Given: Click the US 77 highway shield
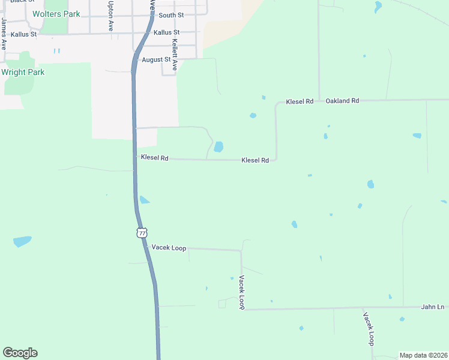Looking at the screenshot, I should (x=141, y=232).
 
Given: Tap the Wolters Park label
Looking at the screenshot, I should (x=56, y=14).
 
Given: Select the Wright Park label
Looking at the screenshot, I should (x=23, y=72).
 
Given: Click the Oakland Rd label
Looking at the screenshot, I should (x=342, y=101).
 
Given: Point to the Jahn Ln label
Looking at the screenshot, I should (x=432, y=307).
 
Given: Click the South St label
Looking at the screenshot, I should (x=172, y=14).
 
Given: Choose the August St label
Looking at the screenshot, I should (x=155, y=59).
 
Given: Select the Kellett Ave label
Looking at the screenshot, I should (x=175, y=55).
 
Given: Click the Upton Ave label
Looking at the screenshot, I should (x=110, y=16).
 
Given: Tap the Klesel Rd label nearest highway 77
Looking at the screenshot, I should (x=154, y=157).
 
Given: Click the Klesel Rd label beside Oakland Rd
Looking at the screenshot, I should (x=300, y=101).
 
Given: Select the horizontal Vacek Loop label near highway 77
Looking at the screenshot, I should (x=169, y=247).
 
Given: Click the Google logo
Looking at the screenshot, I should (x=20, y=353).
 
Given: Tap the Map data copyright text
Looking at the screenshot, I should (x=424, y=355).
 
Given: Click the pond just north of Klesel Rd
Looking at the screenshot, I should (x=218, y=146).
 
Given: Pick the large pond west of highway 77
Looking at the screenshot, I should (x=22, y=241).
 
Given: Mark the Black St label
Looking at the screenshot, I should (x=17, y=1).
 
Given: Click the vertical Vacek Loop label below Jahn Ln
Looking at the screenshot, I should (x=368, y=328).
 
